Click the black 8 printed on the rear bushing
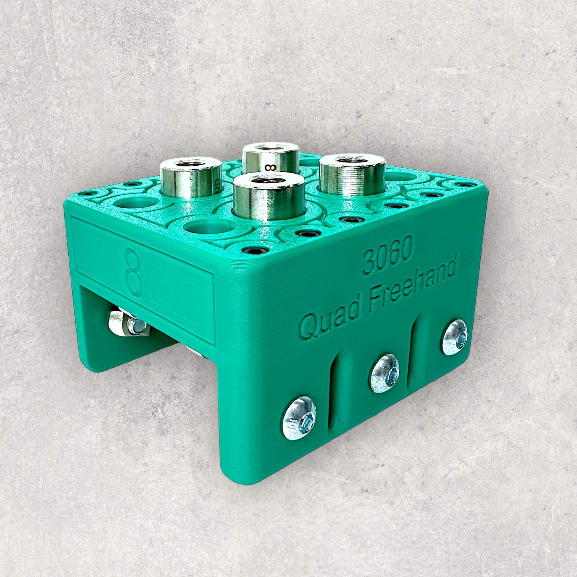[270, 167]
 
